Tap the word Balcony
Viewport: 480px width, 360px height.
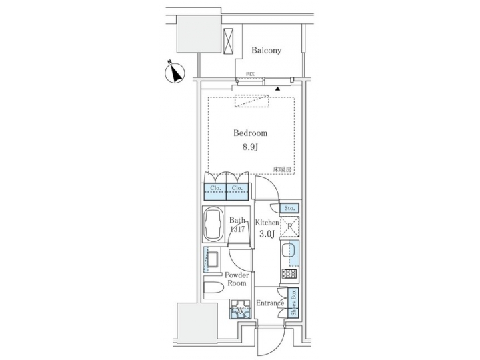point(267,51)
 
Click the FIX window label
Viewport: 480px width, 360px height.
point(250,74)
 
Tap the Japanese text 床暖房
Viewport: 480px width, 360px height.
point(282,169)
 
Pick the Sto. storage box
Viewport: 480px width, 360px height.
point(289,209)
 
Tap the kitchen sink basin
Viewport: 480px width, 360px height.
point(289,255)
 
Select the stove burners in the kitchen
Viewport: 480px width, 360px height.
point(290,273)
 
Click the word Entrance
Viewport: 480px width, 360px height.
point(271,303)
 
